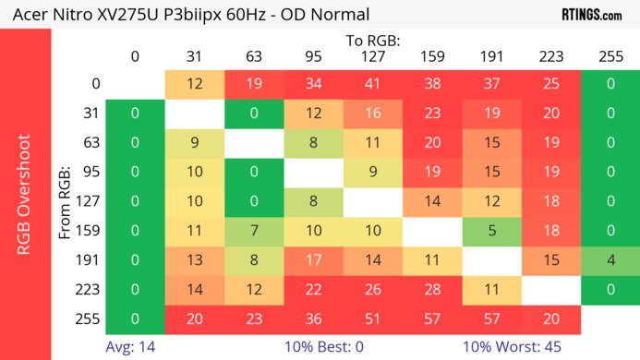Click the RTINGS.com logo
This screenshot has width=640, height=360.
(592, 14)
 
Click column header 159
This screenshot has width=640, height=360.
(432, 56)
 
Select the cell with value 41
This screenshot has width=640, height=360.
(372, 84)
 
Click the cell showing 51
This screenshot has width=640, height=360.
(372, 318)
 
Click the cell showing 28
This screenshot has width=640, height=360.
(432, 290)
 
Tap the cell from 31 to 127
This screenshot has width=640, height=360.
(372, 114)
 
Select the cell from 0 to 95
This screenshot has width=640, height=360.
(313, 84)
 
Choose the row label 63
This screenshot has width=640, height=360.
(91, 143)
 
